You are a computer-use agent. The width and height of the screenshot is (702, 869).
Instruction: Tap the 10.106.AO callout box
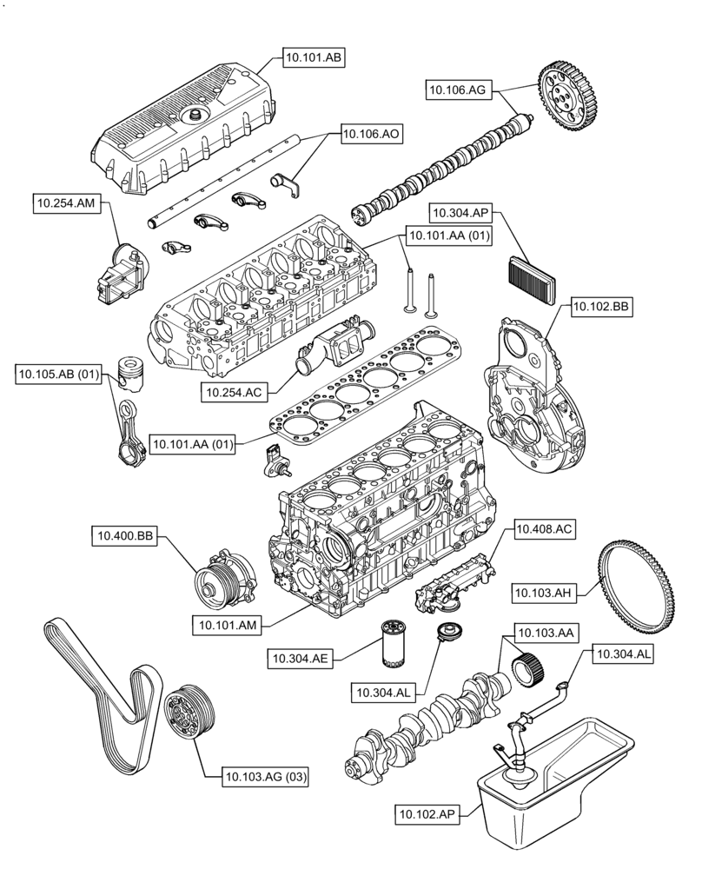(x=372, y=134)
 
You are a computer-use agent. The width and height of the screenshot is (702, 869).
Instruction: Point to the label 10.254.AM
(x=65, y=203)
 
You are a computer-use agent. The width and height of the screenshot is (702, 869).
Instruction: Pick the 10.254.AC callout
(x=235, y=393)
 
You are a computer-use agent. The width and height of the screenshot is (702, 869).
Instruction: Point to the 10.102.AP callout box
(x=428, y=814)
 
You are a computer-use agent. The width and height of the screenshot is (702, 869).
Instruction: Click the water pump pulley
(x=214, y=580)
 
